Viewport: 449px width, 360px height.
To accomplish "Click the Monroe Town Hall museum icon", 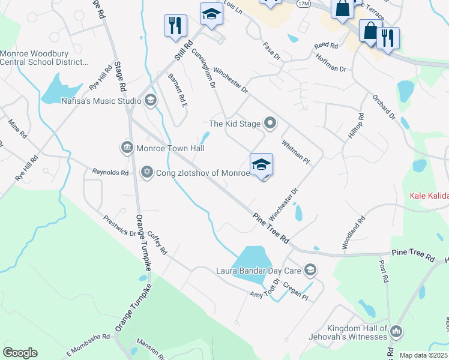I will (x=127, y=148).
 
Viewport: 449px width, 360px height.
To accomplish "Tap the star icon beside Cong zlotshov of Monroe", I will (x=147, y=173).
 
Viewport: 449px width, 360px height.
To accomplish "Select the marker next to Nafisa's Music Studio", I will (x=150, y=101).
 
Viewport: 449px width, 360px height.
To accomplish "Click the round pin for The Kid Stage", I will (x=270, y=124).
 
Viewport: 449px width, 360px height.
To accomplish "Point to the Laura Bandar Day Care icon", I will (x=310, y=270).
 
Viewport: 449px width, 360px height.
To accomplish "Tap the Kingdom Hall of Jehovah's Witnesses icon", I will (x=396, y=331).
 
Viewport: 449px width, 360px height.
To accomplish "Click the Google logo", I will (x=20, y=353).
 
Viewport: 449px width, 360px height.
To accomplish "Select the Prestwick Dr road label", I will (x=119, y=226).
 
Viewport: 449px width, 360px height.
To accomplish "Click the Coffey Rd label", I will (x=156, y=242).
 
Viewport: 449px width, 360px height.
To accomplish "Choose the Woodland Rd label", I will (x=354, y=233).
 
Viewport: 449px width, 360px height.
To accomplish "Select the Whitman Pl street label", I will (x=295, y=152).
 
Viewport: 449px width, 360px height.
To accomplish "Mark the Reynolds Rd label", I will (x=110, y=173).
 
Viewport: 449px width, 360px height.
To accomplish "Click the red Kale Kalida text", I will (x=429, y=195).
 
